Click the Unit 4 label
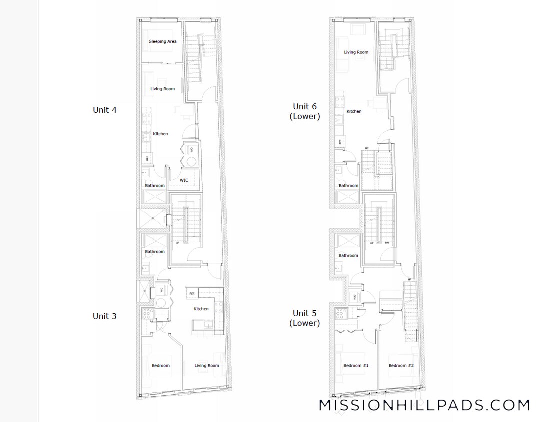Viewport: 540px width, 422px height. coord(105,110)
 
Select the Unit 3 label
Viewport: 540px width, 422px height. coord(105,316)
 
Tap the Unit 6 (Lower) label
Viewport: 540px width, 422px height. coord(305,111)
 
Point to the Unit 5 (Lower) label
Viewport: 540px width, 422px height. coord(305,318)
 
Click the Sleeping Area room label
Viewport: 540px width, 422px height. coord(162,42)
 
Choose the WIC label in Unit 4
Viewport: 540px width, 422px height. coord(184,180)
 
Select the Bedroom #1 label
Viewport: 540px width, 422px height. coord(356,366)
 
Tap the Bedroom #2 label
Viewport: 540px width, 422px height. coord(401,366)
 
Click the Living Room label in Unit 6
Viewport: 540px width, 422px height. coord(356,52)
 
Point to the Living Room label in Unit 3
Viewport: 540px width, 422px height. coord(207,366)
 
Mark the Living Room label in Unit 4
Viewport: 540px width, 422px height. coord(162,89)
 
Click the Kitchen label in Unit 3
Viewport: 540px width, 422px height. coord(201,309)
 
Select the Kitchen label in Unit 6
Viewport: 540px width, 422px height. coord(354,111)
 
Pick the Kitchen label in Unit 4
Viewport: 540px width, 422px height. coord(160,134)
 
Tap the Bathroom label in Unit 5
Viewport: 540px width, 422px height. coord(348,256)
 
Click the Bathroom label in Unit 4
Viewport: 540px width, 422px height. coord(155,186)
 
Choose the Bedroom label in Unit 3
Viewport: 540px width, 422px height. coord(161,366)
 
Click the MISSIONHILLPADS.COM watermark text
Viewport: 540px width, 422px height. coord(424,405)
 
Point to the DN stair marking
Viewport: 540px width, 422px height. coord(387,243)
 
